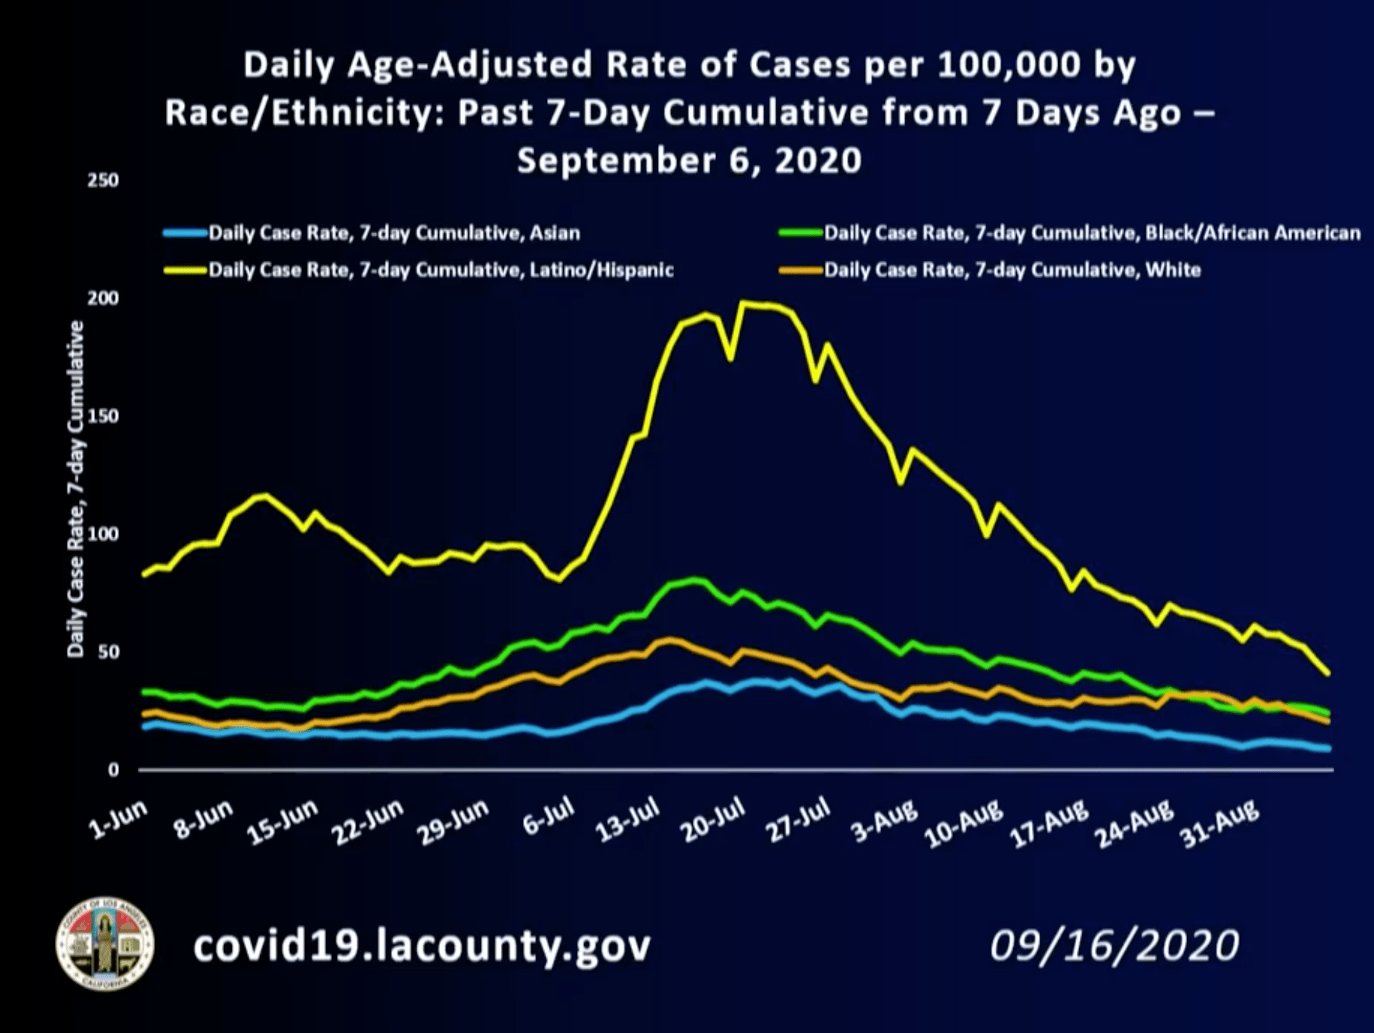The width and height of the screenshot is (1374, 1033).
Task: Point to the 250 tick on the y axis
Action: [x=103, y=180]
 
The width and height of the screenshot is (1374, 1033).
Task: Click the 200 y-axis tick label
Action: [x=103, y=298]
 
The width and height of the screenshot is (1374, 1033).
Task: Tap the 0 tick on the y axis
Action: [x=113, y=770]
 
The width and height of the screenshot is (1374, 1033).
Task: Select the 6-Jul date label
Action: [x=549, y=819]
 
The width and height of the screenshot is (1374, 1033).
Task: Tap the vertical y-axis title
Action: [x=75, y=490]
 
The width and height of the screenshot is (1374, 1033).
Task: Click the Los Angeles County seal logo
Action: [x=105, y=943]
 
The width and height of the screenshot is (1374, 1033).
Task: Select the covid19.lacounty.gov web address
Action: [x=422, y=945]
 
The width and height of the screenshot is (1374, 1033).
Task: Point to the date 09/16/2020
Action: [x=1115, y=945]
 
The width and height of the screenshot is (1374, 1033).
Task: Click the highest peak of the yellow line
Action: [x=741, y=303]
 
